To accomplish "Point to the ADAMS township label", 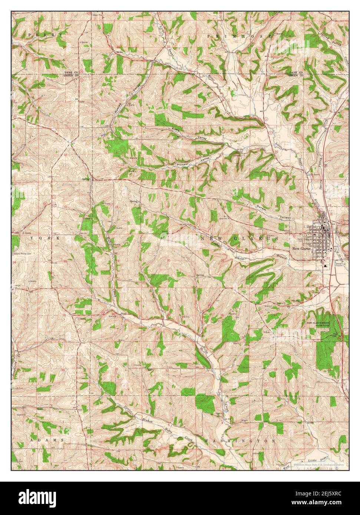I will [47, 440].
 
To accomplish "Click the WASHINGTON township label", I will [240, 441].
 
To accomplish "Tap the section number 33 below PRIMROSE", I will [225, 46].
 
